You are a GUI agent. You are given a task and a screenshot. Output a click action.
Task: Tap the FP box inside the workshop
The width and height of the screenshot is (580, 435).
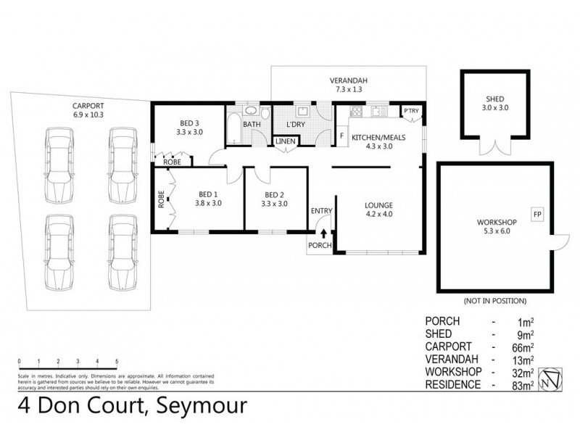[537, 215]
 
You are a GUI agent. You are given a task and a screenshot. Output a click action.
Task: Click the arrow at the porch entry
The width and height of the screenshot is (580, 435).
[323, 233]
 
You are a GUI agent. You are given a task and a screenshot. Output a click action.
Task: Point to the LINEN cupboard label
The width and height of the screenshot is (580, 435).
[285, 141]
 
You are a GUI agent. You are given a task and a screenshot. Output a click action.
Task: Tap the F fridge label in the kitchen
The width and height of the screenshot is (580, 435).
[341, 136]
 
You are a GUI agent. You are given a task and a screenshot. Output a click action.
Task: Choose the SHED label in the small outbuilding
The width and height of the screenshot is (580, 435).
[496, 101]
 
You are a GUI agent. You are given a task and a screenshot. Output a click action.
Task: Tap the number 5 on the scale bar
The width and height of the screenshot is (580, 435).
[117, 361]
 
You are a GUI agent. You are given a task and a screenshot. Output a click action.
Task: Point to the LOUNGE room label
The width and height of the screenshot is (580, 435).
[379, 205]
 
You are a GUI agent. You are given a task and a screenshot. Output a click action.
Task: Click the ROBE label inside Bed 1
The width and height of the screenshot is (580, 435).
[161, 200]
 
